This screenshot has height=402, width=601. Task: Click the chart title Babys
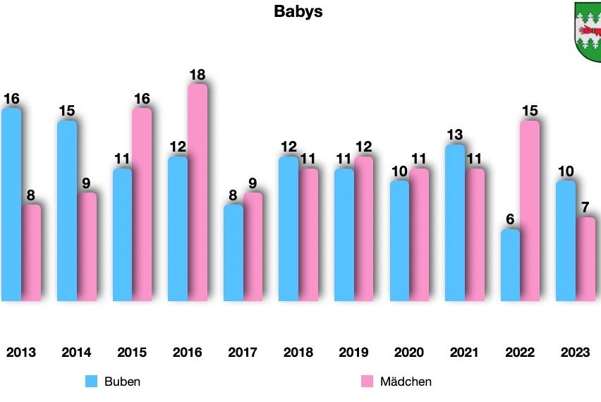(298, 12)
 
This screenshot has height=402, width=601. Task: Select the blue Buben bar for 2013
(11, 205)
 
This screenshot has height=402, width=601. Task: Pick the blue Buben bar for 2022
(510, 265)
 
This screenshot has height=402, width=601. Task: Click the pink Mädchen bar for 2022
(530, 211)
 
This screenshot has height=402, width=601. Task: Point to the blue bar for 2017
(233, 253)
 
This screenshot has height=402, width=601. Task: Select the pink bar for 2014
(87, 247)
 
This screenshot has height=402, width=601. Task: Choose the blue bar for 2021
(455, 223)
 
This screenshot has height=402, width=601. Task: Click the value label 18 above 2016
(197, 75)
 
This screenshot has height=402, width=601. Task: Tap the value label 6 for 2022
(511, 219)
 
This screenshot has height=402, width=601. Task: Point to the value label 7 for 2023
(586, 207)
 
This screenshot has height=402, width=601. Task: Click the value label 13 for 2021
(455, 135)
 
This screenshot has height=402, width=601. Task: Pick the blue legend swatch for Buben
(91, 382)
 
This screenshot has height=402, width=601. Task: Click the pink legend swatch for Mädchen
(367, 382)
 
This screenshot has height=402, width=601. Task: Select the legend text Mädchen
(406, 382)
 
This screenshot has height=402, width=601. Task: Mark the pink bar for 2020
(420, 235)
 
